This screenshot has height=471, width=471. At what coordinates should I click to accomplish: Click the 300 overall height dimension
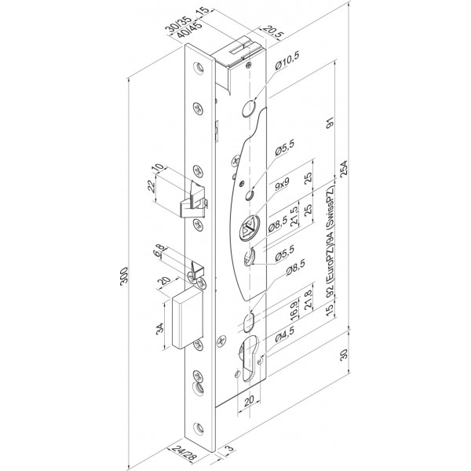pos(124,276)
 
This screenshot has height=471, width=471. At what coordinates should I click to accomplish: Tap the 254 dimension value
pos(343,168)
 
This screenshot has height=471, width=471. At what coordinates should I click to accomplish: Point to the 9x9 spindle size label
pos(283,184)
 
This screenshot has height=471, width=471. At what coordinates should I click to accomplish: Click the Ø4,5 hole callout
pos(285,334)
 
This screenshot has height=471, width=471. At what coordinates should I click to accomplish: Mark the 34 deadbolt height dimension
pos(160,327)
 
